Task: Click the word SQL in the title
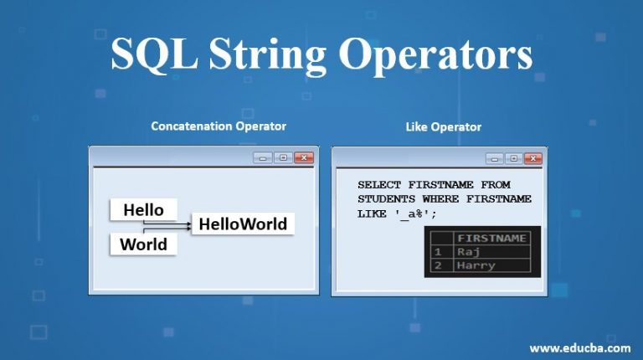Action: point(154,54)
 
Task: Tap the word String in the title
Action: point(268,56)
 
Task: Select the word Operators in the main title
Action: point(435,56)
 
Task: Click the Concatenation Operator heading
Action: point(219,126)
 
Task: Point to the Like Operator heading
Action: point(443,126)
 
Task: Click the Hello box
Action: point(143,209)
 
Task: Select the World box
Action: point(143,244)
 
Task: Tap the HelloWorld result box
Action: point(243,224)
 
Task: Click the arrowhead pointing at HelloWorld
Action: point(188,225)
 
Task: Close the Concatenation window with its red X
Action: point(304,157)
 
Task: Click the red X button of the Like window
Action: point(532,158)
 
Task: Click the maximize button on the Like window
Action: point(514,158)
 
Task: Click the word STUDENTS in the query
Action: point(386,199)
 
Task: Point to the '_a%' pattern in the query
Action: point(413,214)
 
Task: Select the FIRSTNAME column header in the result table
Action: point(491,239)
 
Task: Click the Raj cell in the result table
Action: point(468,252)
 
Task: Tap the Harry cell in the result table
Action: point(476,265)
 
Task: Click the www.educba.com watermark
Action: point(580,348)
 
